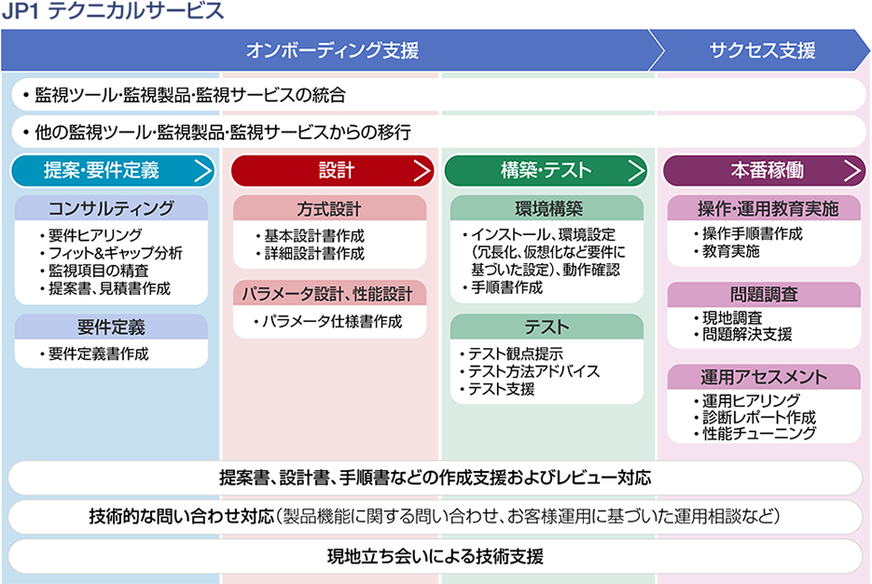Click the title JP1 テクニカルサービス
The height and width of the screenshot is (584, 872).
112,11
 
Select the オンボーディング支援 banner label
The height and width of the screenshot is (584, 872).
332,50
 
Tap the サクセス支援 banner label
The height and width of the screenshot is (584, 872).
762,50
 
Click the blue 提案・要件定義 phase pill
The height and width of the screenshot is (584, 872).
113,170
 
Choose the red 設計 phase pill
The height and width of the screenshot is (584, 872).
332,170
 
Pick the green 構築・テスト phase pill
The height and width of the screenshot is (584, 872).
546,170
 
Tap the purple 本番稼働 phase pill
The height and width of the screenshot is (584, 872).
764,170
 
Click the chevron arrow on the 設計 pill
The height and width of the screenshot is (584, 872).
422,170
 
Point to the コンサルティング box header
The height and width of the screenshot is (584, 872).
111,208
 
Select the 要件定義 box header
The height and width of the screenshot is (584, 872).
111,327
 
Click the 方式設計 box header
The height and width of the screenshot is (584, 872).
330,209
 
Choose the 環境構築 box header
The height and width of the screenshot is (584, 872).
547,209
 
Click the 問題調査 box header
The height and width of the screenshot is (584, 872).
764,294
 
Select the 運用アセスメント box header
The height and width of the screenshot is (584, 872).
764,377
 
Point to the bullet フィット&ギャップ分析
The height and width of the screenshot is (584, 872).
111,253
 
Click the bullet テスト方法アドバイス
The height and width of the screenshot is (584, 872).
530,371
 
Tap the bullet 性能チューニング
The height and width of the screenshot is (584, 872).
755,433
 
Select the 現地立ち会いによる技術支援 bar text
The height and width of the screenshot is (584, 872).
436,556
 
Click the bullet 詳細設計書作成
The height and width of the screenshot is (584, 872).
311,254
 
